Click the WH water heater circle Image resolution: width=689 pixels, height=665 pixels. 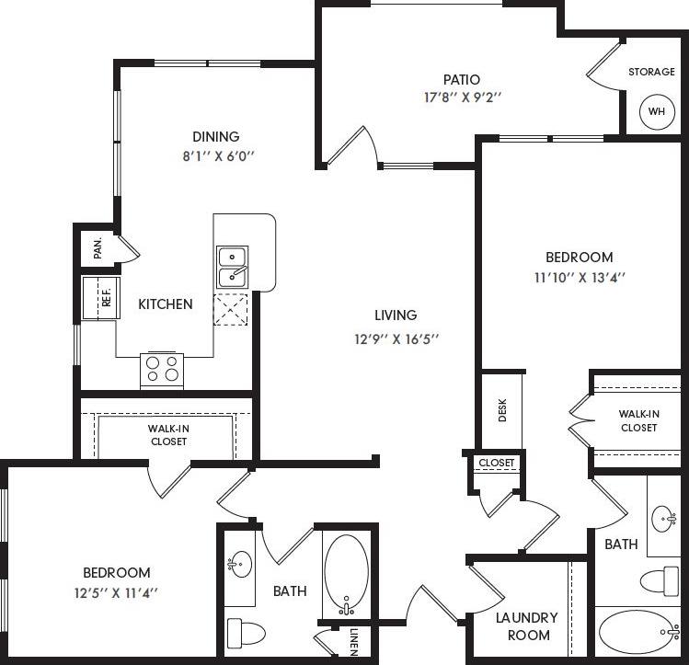point(656,111)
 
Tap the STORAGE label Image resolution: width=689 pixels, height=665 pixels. point(652,72)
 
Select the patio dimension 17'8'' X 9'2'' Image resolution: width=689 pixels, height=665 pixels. point(461,96)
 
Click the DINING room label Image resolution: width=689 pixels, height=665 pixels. point(215,137)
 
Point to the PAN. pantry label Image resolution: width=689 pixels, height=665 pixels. point(98,248)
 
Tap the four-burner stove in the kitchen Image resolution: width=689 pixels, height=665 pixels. point(161,370)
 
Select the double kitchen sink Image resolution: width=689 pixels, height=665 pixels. point(232,266)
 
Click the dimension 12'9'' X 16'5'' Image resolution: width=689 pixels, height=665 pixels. point(396,338)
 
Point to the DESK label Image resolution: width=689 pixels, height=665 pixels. point(502,410)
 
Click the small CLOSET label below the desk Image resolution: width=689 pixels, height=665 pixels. point(497,462)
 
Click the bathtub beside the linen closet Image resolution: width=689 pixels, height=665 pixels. point(345,575)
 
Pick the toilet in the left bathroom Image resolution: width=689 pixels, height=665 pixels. point(246,632)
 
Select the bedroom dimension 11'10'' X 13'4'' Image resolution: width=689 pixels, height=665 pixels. point(579,276)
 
